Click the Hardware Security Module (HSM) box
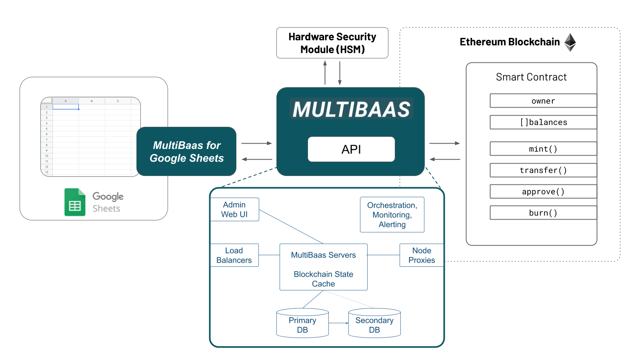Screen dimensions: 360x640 click(332, 43)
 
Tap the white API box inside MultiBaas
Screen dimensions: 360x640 click(351, 149)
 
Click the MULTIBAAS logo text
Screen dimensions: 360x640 click(351, 109)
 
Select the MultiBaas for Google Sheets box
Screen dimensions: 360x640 click(186, 152)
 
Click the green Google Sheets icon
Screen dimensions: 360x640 click(75, 202)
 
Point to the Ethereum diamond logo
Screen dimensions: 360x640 click(570, 42)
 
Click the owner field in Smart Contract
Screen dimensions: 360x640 click(543, 101)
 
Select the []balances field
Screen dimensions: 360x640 click(543, 122)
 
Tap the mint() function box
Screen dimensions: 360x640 click(543, 149)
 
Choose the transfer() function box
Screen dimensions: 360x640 click(543, 170)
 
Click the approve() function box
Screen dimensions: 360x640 click(543, 191)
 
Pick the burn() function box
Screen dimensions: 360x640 click(543, 213)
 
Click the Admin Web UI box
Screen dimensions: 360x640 click(234, 209)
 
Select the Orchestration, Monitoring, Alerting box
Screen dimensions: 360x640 click(392, 215)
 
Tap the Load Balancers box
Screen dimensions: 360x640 click(234, 255)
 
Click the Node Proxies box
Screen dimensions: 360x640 click(422, 255)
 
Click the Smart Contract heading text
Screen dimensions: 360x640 click(531, 77)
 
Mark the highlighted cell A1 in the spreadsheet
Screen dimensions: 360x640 click(66, 107)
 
